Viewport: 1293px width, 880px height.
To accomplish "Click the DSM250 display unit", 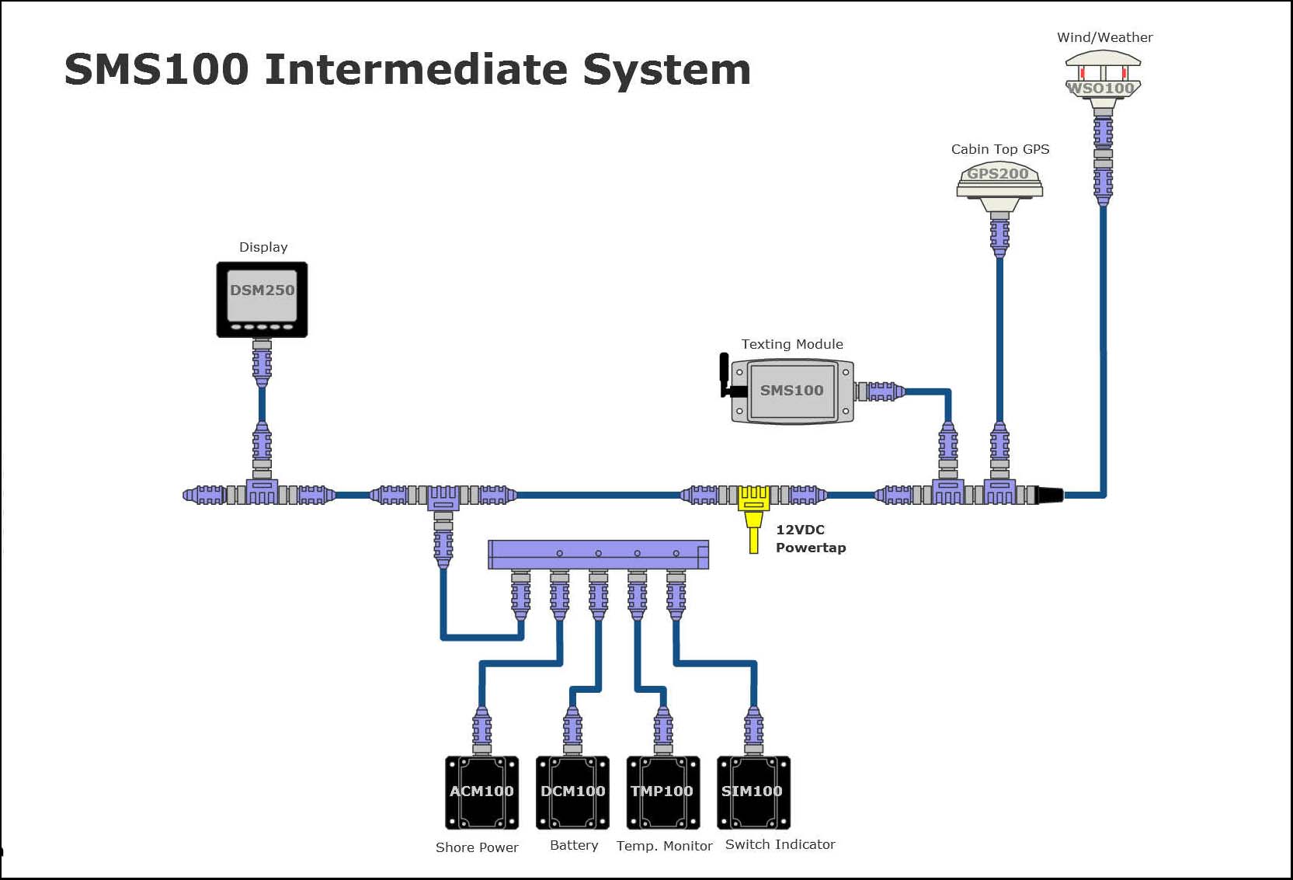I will (262, 299).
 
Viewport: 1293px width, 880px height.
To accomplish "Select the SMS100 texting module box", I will (792, 391).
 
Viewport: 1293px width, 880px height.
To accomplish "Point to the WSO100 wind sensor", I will (1103, 75).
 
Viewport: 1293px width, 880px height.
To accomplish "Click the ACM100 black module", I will (481, 792).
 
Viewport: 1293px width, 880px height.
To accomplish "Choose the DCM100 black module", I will (572, 792).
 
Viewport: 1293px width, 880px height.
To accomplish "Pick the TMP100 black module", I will (662, 792).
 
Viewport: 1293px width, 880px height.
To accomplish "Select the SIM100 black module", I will (753, 792).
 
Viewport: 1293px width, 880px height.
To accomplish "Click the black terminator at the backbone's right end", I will (1051, 495).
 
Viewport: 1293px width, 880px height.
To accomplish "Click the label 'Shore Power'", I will (477, 847).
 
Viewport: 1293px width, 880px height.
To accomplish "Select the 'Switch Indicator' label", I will (780, 844).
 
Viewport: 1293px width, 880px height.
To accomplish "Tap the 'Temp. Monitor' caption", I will (664, 846).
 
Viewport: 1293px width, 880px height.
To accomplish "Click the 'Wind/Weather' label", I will (1104, 37).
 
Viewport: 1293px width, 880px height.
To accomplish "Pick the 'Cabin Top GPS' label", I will (1000, 149).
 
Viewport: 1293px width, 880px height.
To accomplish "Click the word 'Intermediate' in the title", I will (417, 70).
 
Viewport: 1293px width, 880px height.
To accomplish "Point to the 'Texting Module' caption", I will (791, 344).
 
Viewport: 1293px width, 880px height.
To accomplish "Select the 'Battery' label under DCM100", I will (574, 845).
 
